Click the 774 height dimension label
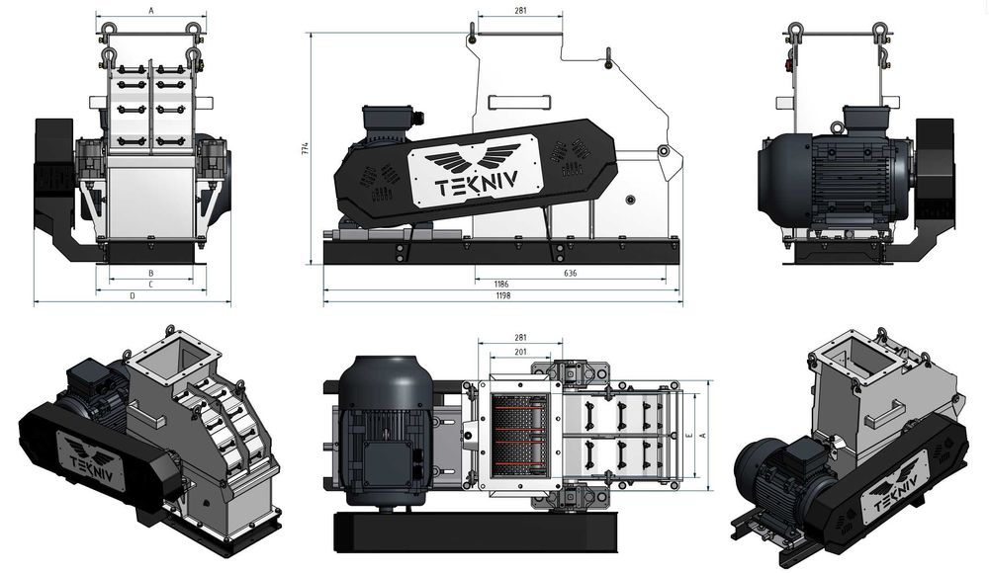[x=306, y=149]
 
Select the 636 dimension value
[x=571, y=272]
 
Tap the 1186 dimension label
[x=502, y=284]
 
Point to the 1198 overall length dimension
[x=502, y=295]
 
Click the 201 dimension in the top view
[x=520, y=353]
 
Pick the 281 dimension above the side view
[x=520, y=11]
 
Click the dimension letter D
[x=133, y=295]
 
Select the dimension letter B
[x=150, y=272]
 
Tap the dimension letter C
[x=150, y=284]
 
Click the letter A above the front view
[x=150, y=9]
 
